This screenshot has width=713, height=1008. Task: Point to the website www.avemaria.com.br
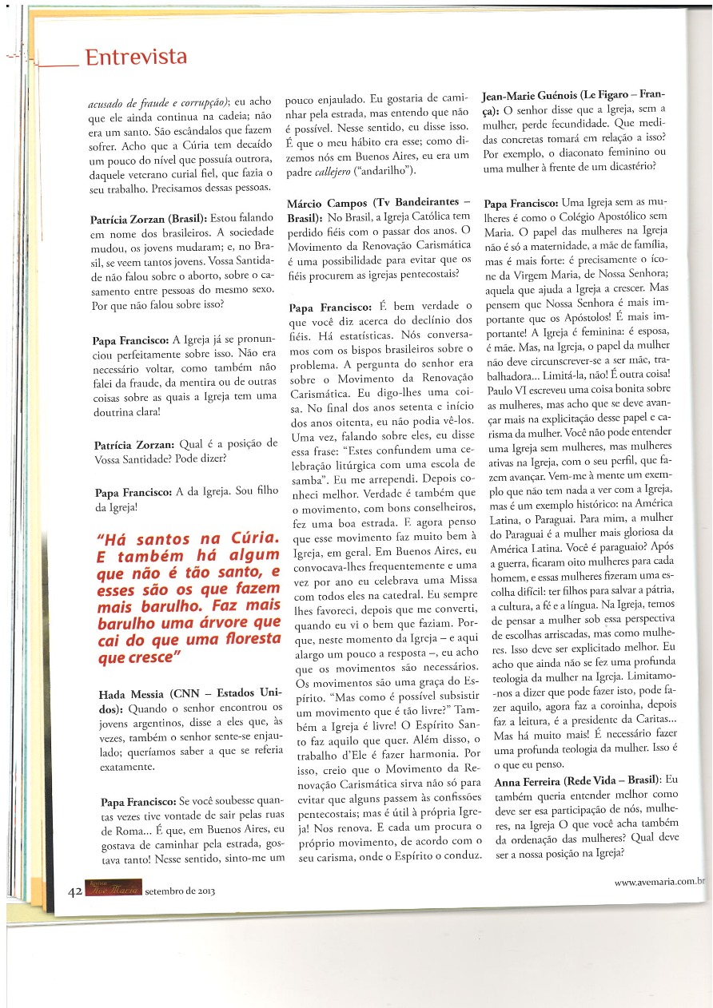pyautogui.click(x=659, y=881)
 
